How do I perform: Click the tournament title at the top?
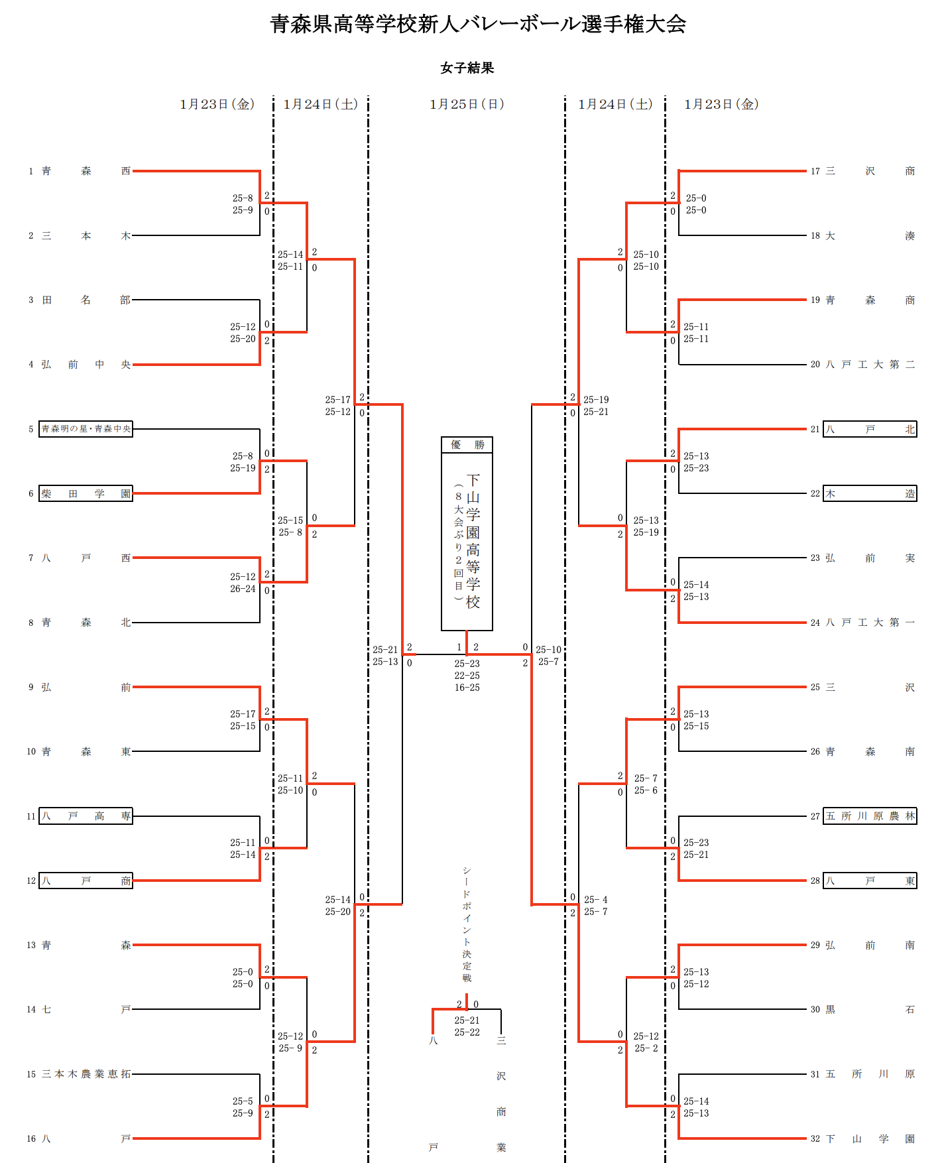pos(478,25)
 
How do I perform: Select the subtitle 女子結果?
pos(467,68)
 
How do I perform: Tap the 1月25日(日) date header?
pos(467,104)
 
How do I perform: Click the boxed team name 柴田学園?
pos(86,493)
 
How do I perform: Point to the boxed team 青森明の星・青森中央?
pos(86,429)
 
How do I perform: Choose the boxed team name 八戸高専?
pos(86,816)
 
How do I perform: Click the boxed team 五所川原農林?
pos(870,816)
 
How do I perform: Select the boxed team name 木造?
pos(870,493)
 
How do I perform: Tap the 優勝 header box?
pos(467,445)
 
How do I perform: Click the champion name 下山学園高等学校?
pos(473,541)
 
